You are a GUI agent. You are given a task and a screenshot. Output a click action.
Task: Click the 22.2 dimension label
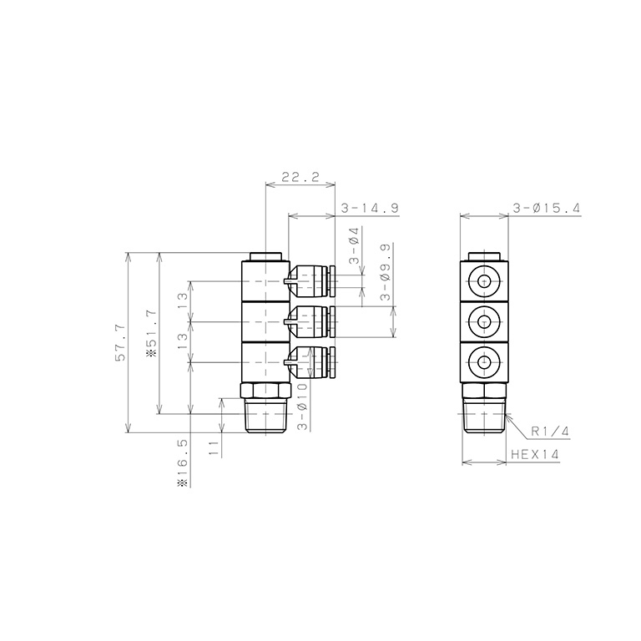[300, 177]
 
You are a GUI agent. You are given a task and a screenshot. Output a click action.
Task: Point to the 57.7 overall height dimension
[120, 343]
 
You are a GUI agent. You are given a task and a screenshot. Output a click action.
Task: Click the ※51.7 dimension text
[151, 333]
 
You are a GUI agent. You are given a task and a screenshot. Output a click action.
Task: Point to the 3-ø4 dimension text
[354, 246]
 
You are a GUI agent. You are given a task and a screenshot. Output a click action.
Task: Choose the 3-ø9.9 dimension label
[385, 272]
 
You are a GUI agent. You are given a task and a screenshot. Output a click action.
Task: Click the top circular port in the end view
[484, 281]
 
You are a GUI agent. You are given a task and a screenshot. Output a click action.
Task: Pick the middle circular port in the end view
[484, 320]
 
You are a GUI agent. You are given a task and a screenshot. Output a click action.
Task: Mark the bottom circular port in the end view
[484, 361]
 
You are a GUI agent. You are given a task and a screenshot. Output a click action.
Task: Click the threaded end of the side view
[267, 416]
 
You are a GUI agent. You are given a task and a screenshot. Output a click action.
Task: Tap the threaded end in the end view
[484, 416]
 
